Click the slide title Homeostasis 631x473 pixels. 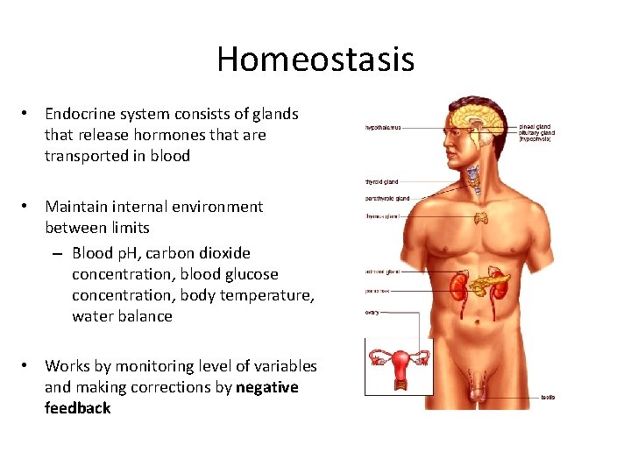tap(315, 60)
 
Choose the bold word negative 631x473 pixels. tap(267, 387)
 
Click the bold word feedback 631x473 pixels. tap(78, 408)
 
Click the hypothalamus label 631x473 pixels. tap(383, 127)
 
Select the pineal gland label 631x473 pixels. tap(535, 126)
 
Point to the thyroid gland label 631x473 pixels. tap(381, 182)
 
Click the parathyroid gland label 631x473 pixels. tap(387, 199)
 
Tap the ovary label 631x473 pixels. tap(372, 313)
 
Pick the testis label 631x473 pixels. tap(547, 397)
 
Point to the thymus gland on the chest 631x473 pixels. tap(480, 217)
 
